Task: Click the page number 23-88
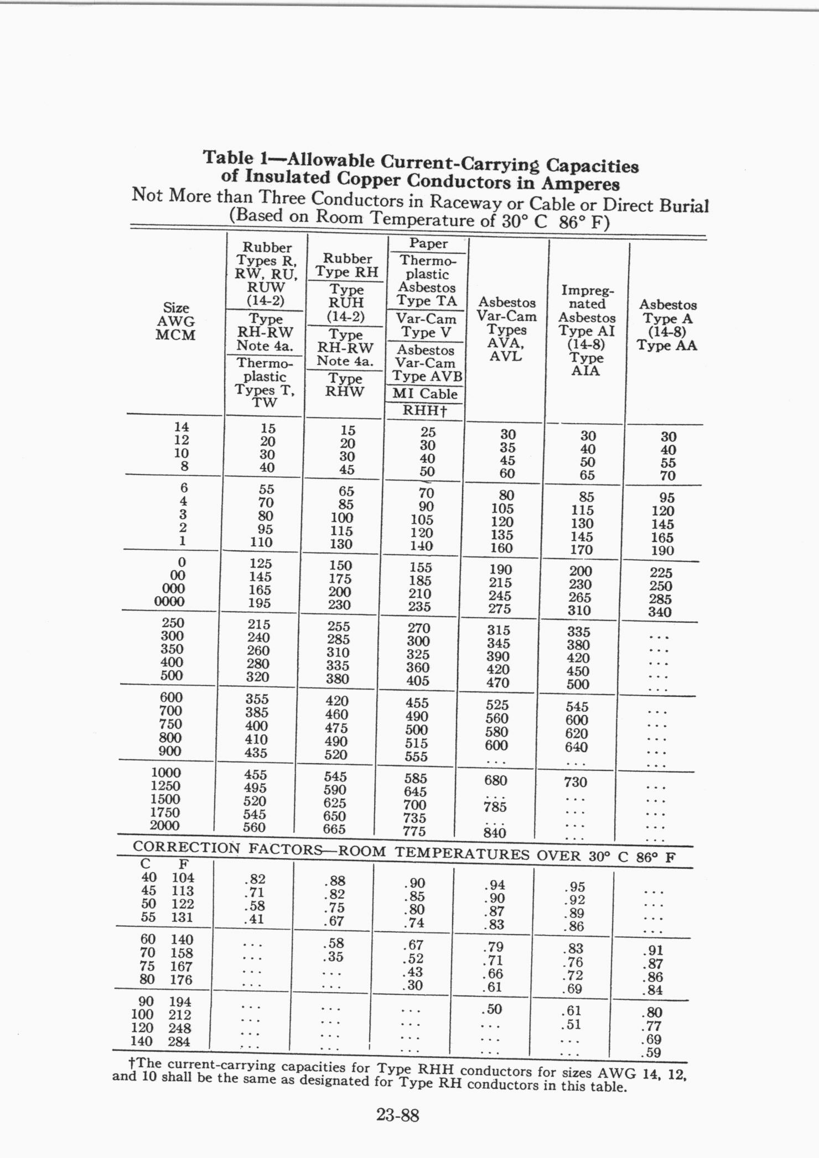(x=398, y=1115)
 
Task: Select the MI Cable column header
(x=425, y=394)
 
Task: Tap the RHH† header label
(x=424, y=411)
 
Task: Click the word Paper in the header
(x=428, y=244)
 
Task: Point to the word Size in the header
(x=176, y=308)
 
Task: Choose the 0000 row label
(x=169, y=602)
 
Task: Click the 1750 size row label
(x=165, y=812)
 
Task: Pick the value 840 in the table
(x=495, y=833)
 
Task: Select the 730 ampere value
(x=576, y=782)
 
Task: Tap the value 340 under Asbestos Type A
(x=660, y=612)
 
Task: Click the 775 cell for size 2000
(x=414, y=831)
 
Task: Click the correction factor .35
(x=333, y=957)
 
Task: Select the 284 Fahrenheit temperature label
(x=179, y=1042)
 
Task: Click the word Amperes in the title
(x=580, y=184)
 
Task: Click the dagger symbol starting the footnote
(x=131, y=1063)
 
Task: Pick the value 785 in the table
(x=495, y=807)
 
